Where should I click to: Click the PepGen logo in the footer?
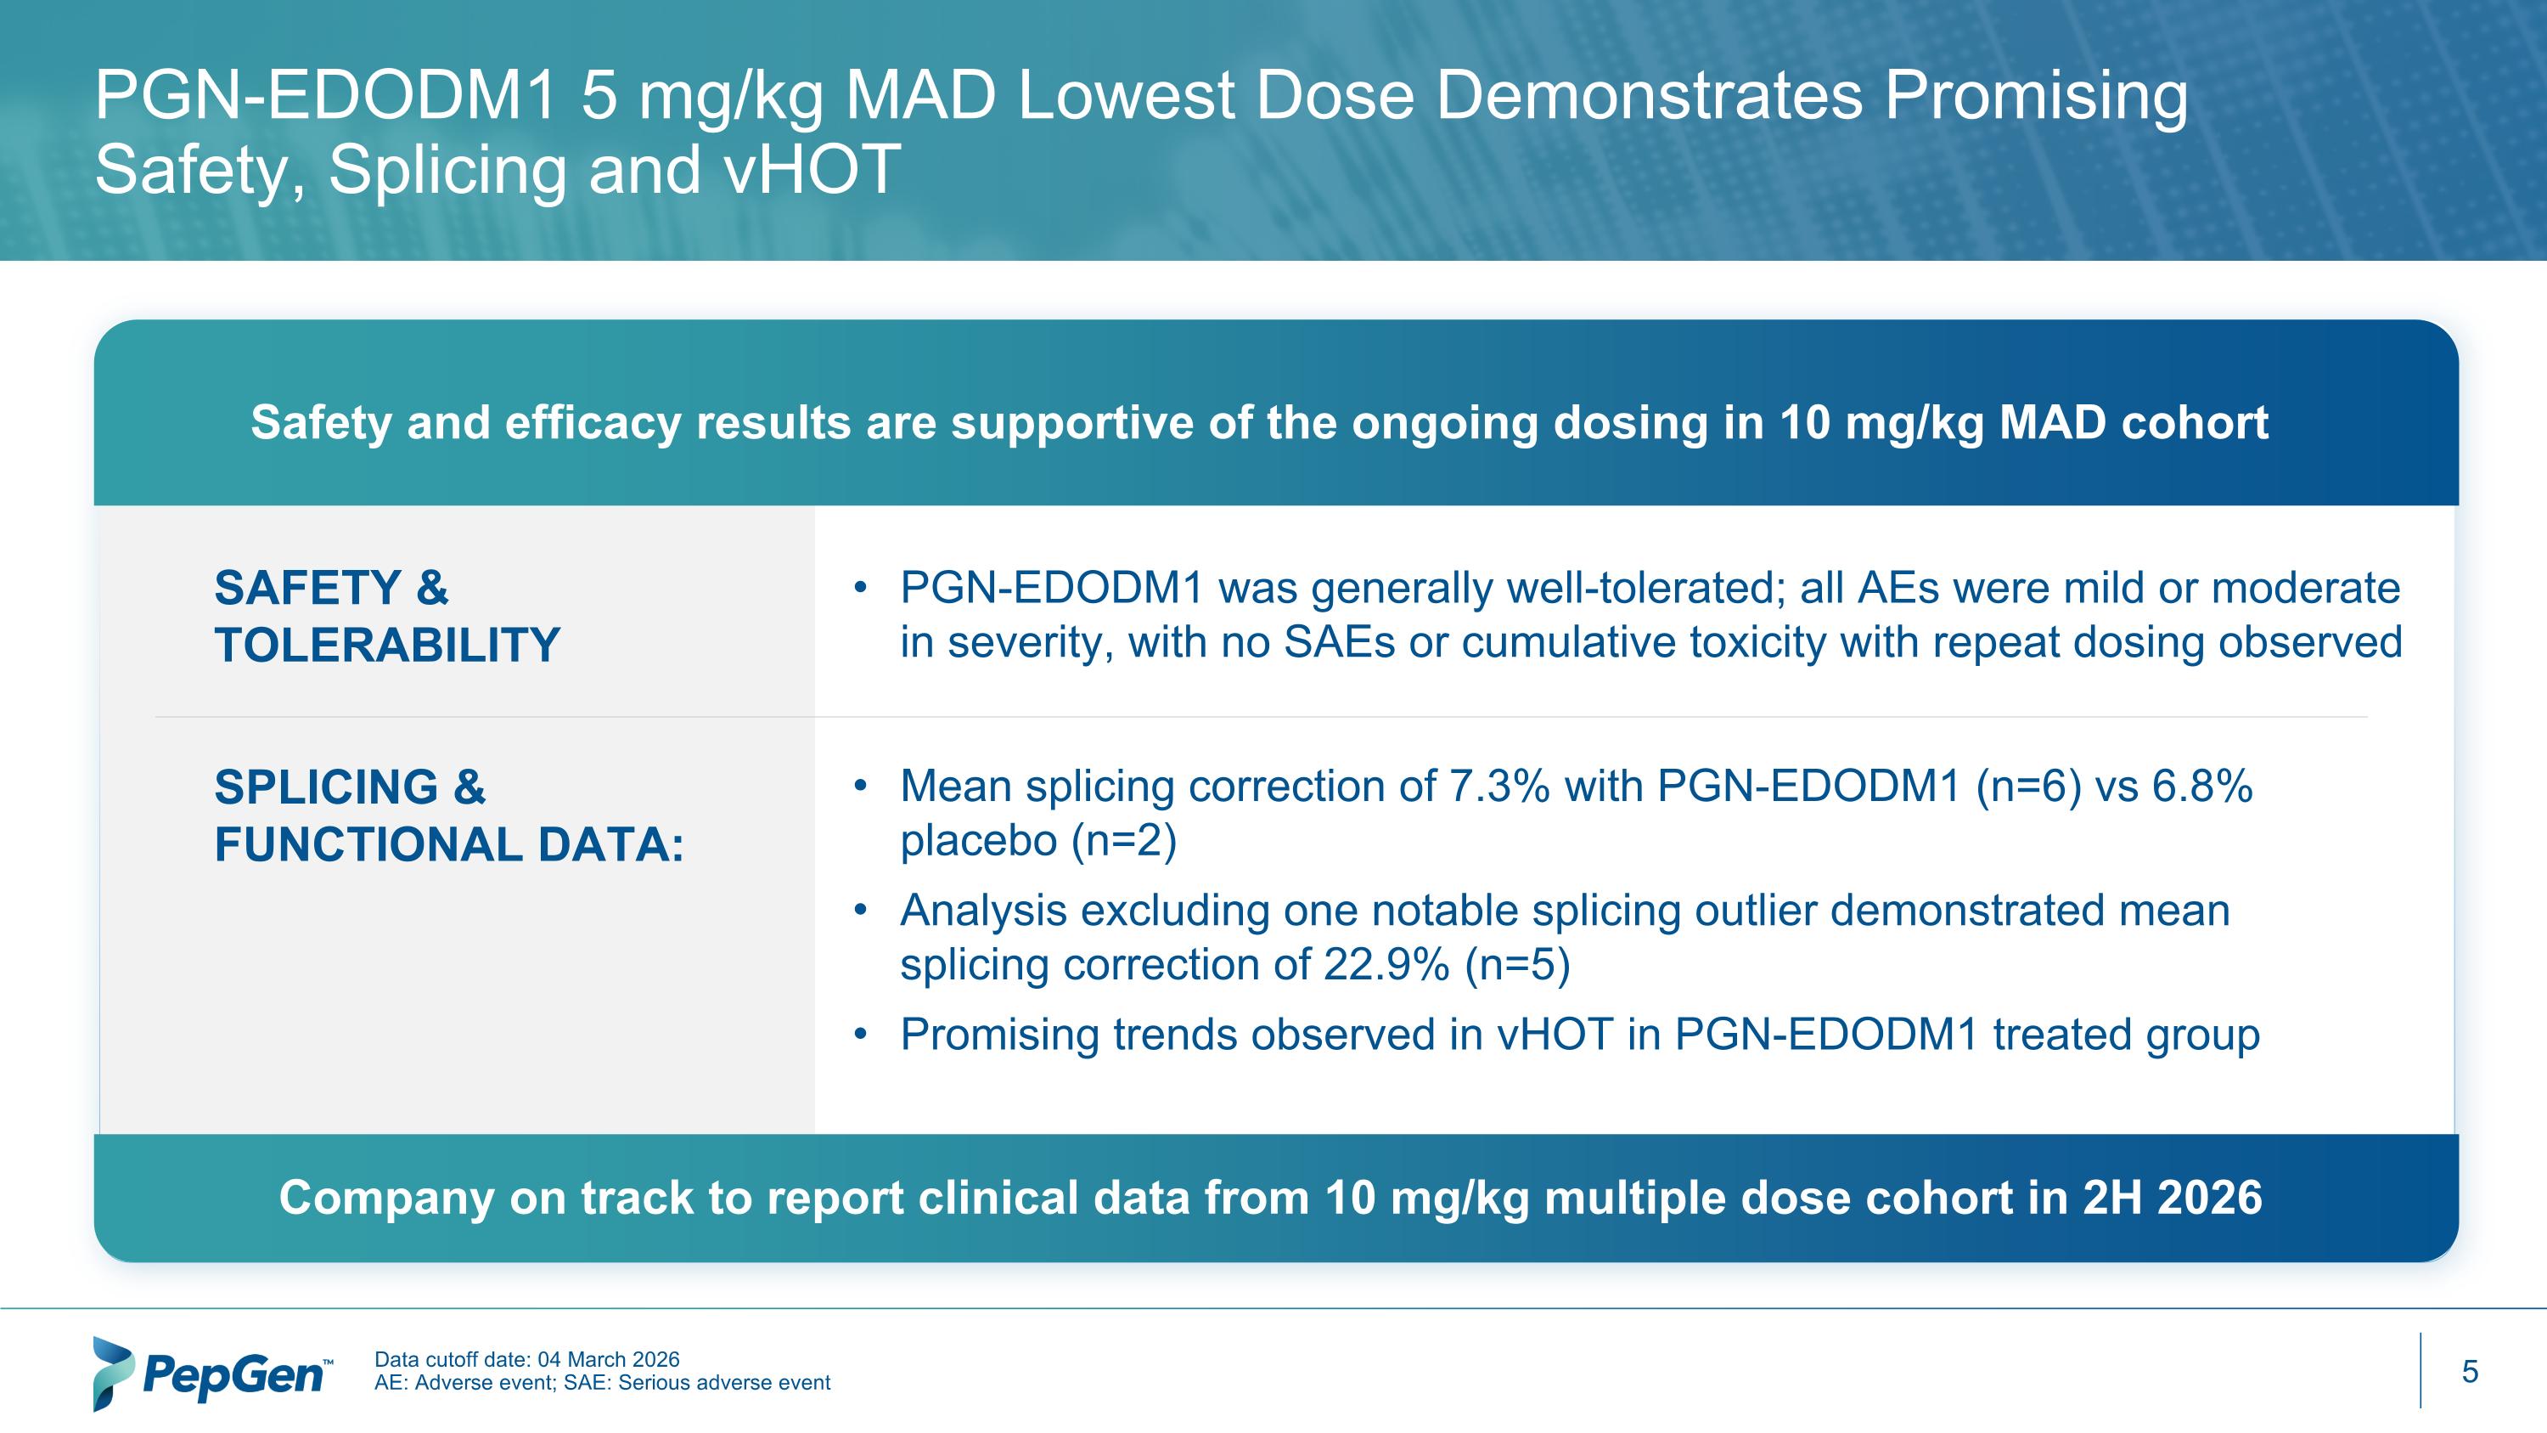[211, 1373]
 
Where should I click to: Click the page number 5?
[2469, 1372]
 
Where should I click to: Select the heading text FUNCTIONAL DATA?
[449, 845]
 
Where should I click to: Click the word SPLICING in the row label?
[325, 788]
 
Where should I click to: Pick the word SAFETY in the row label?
[306, 589]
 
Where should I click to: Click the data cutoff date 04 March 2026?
[608, 1360]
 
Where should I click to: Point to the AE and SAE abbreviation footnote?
[601, 1384]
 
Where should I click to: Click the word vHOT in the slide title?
[811, 169]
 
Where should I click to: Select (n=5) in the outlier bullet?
[1516, 965]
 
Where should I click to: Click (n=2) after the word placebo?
[1123, 842]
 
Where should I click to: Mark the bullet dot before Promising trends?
[860, 1035]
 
